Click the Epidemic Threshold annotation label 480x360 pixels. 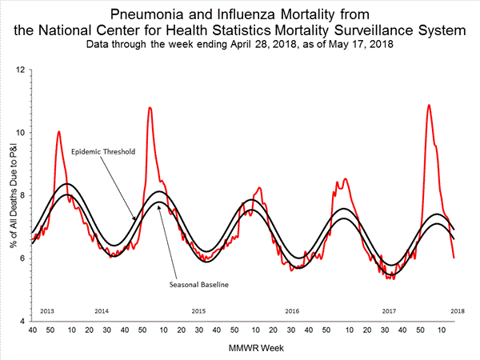tap(102, 152)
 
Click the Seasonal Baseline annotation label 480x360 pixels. tap(194, 284)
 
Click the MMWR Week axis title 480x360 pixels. tap(240, 348)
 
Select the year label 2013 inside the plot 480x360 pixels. tap(46, 310)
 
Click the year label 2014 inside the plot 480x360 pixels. tap(102, 310)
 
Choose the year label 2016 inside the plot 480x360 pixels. tap(293, 310)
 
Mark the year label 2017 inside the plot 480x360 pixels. tap(390, 310)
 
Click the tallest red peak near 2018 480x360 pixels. tap(430, 105)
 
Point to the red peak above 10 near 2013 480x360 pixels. tap(58, 131)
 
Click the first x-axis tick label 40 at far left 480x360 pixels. tap(32, 330)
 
